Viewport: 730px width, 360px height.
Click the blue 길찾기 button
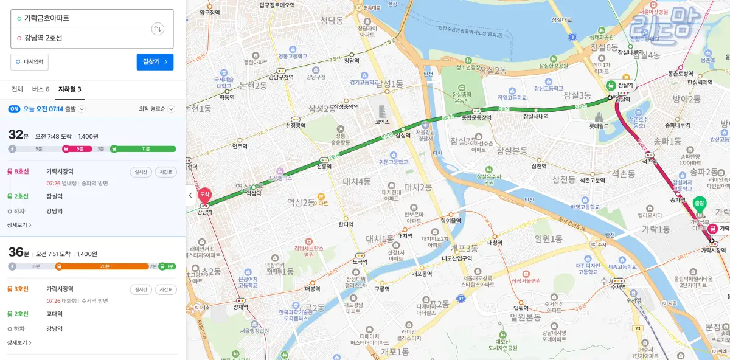coord(155,62)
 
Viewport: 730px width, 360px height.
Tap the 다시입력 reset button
coord(29,62)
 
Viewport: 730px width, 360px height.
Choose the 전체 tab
coord(17,89)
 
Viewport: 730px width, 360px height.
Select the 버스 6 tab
coord(40,89)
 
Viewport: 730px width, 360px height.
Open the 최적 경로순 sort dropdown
coord(156,109)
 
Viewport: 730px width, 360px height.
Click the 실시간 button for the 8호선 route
coord(141,171)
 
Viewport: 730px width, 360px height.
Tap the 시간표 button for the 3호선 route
coord(165,289)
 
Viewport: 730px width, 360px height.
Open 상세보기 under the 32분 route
coord(19,225)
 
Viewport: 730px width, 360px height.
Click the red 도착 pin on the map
coord(204,195)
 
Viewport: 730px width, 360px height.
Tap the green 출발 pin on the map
coord(700,203)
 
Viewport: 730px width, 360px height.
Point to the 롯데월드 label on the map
coord(599,126)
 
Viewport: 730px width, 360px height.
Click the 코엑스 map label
coord(382,122)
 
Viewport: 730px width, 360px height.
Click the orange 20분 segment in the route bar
coord(105,266)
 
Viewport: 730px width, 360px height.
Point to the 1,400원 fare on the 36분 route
coord(88,254)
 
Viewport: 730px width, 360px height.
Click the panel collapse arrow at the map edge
coord(190,195)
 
